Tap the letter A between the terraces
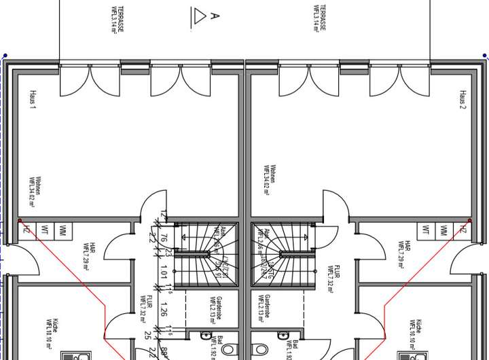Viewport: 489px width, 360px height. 215,15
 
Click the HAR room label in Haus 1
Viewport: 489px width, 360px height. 89,252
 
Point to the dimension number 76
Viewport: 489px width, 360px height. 164,238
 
